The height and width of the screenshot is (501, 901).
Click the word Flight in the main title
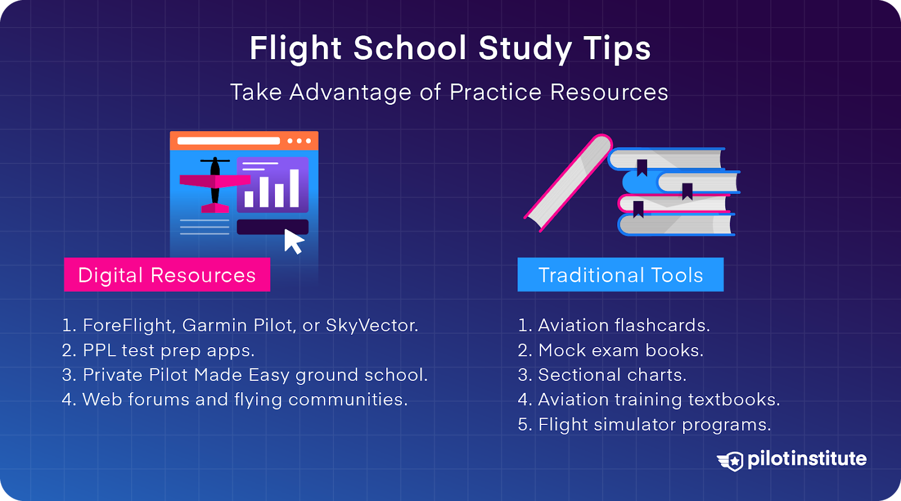296,48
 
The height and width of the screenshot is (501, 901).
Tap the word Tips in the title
617,48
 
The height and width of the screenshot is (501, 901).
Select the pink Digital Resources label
167,275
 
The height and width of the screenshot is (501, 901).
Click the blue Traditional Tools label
620,275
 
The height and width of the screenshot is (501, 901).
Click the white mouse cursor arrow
293,241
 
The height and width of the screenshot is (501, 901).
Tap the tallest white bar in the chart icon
294,188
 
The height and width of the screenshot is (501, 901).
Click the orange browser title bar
244,141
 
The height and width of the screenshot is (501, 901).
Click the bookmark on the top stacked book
641,167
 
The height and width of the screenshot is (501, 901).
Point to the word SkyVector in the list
371,325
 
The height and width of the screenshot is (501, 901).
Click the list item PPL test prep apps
158,350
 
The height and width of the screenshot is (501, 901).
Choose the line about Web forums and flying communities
234,400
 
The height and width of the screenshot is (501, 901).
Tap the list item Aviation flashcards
614,325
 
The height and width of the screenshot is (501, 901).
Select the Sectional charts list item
602,375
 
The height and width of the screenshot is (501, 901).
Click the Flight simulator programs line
644,424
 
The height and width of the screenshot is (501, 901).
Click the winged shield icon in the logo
731,460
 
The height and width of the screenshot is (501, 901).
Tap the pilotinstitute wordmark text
806,459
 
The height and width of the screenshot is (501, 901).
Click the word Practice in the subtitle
496,92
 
